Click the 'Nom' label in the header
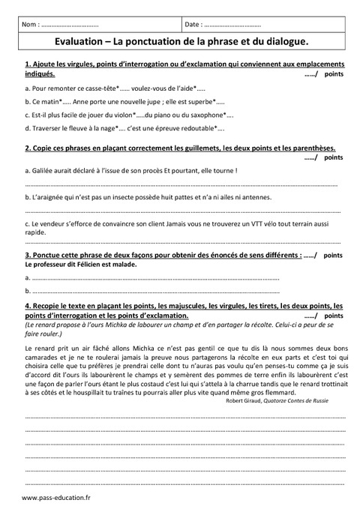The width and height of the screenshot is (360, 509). coord(31,25)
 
